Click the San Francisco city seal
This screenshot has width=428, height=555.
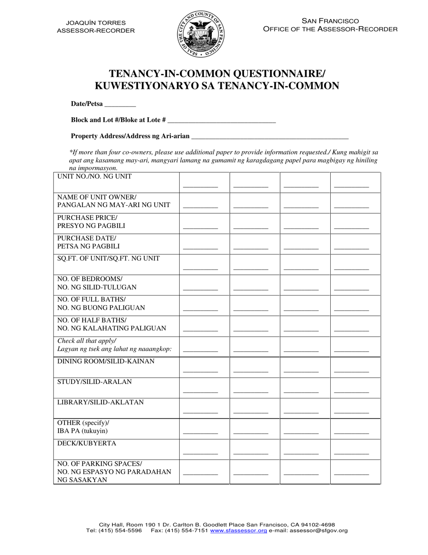(200, 35)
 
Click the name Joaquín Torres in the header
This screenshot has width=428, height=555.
(96, 23)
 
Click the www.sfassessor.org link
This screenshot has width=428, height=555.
(238, 531)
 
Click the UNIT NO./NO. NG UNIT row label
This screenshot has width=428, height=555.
(95, 176)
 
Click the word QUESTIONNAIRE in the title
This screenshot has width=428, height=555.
(264, 74)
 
